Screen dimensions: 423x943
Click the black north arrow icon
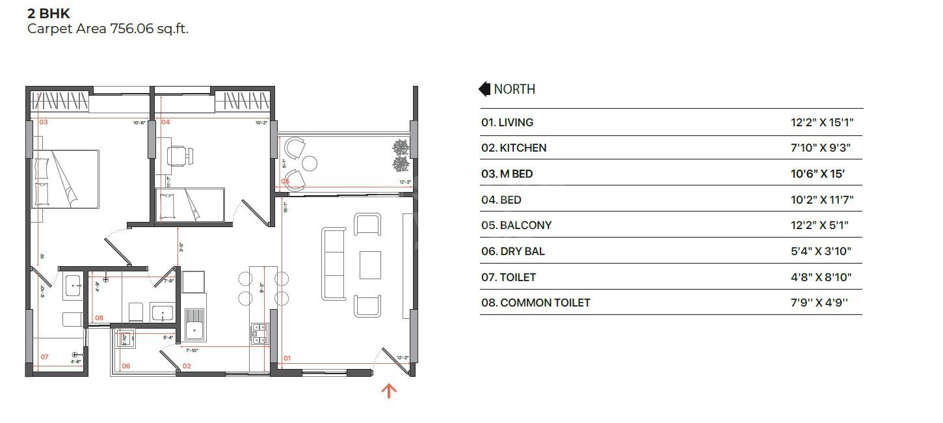[484, 89]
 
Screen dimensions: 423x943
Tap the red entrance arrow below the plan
[389, 390]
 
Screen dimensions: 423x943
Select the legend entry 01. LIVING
[507, 122]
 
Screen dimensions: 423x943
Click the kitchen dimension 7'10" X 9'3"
[816, 148]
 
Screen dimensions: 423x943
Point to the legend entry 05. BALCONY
[516, 225]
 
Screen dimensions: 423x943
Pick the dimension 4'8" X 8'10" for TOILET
[817, 277]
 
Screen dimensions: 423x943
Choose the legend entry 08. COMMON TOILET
[536, 303]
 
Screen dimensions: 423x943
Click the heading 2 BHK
[48, 13]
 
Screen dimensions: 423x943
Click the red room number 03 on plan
[44, 122]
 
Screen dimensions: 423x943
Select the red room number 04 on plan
[166, 122]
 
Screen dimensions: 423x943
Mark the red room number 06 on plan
[126, 366]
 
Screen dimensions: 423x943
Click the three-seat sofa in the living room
[334, 264]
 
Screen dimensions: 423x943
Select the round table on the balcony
[310, 162]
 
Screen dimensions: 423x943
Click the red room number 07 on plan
[45, 357]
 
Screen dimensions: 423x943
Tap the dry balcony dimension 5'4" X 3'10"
[817, 251]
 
